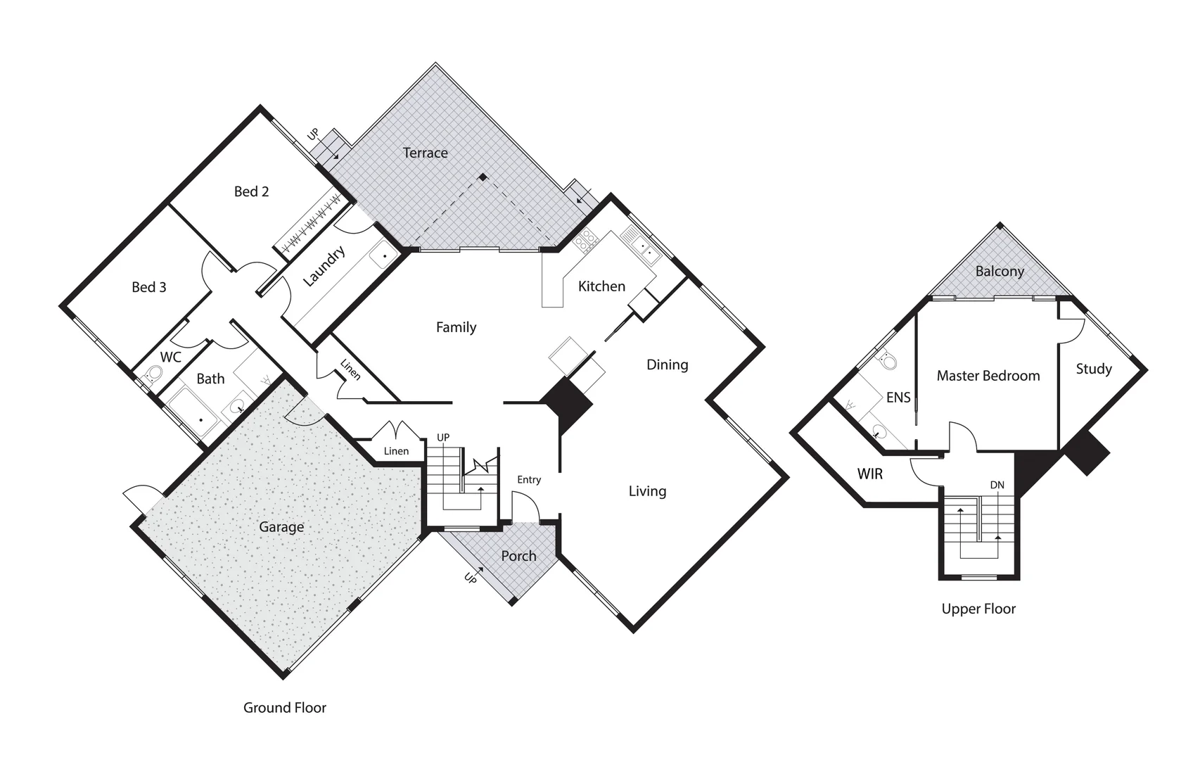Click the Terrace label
point(425,153)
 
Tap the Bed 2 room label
point(251,191)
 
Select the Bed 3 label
point(149,287)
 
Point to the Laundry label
point(324,266)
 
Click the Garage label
point(281,527)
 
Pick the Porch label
point(518,556)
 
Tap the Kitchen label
point(601,286)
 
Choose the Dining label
point(667,365)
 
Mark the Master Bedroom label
point(988,376)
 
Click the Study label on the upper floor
point(1093,369)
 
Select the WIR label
point(869,474)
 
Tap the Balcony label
point(1000,272)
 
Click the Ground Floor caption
point(284,708)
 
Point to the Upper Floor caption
point(978,609)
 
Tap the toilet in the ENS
point(888,360)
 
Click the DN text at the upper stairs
point(997,485)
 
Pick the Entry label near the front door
point(529,480)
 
